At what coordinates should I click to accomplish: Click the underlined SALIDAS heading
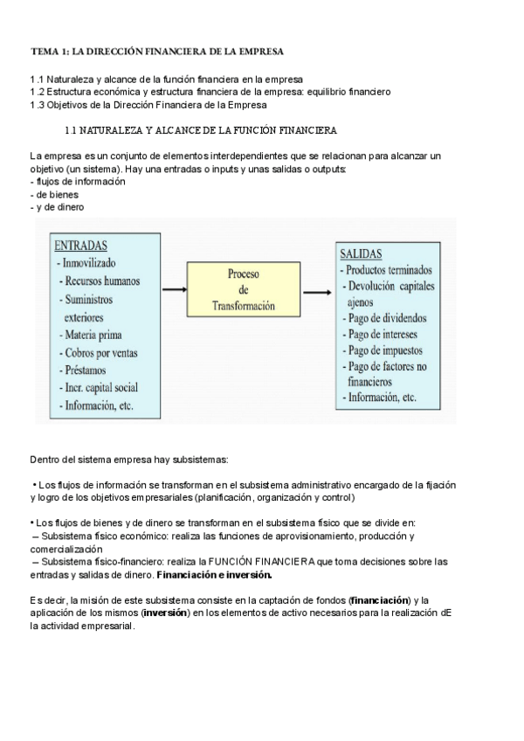click(361, 253)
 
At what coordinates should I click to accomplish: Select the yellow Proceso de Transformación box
click(244, 290)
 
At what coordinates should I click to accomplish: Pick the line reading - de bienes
click(54, 194)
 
